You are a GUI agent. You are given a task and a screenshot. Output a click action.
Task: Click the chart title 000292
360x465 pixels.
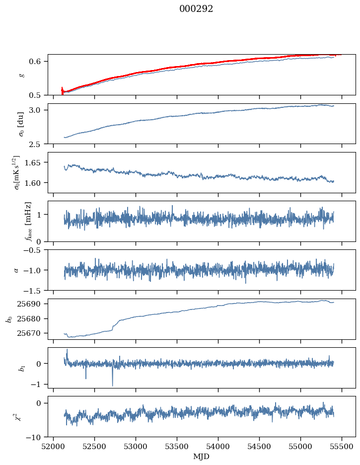(x=196, y=9)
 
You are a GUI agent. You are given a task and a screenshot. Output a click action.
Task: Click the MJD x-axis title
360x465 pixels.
(x=201, y=457)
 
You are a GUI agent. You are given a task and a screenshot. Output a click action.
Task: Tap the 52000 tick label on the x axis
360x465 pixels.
(x=54, y=446)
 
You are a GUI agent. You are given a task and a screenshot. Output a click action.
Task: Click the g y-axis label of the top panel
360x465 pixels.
(x=21, y=75)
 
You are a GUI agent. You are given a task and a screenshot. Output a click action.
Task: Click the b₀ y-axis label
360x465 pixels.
(x=8, y=319)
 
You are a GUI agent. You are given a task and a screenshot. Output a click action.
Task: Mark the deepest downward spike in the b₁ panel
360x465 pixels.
(x=112, y=385)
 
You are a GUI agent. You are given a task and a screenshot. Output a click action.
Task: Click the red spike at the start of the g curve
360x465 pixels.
(x=62, y=90)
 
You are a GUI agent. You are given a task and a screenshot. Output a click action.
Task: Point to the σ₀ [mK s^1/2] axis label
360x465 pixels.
(x=16, y=172)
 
